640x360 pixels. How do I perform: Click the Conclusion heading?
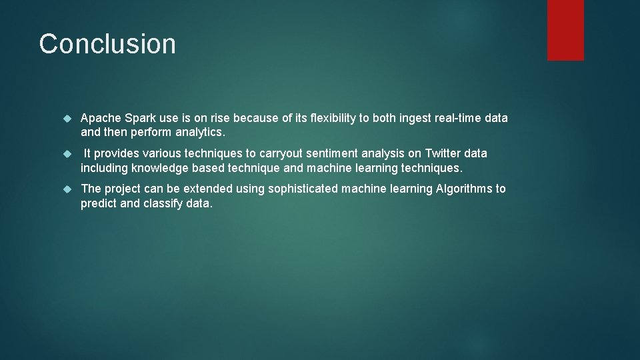(107, 44)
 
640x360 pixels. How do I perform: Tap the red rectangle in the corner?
(565, 30)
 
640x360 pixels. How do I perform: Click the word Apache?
(101, 118)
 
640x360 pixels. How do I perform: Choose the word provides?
(119, 153)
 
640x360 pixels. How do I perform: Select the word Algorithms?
(464, 189)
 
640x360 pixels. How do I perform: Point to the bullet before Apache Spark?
(67, 119)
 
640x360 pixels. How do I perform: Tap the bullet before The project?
(67, 189)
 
